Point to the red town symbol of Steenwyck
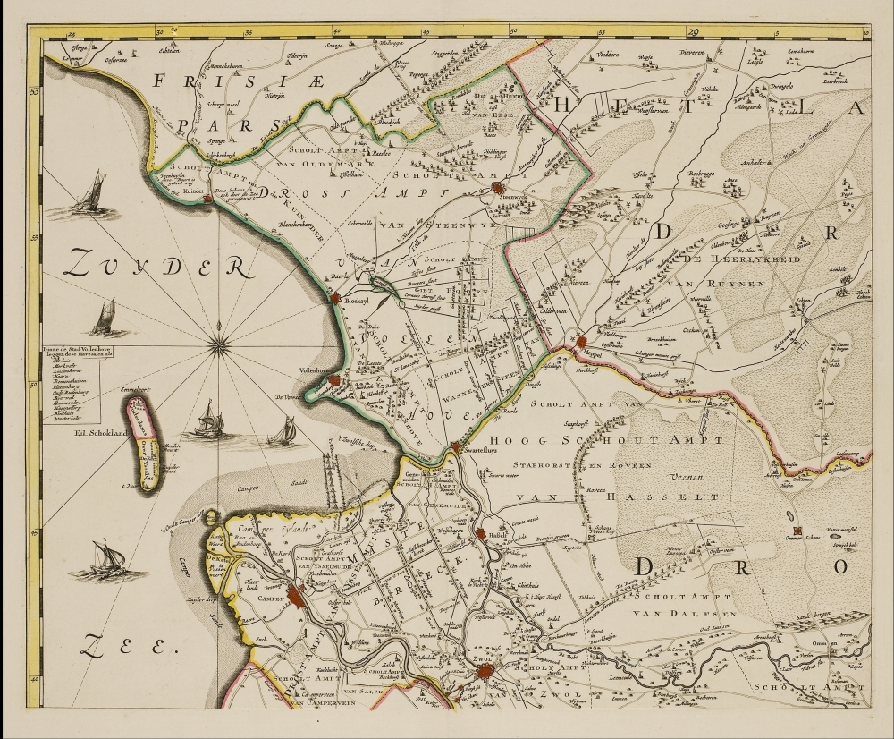pyautogui.click(x=473, y=189)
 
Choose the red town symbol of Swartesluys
pyautogui.click(x=454, y=446)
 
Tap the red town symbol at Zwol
pyautogui.click(x=484, y=669)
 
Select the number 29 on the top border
pyautogui.click(x=693, y=31)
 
